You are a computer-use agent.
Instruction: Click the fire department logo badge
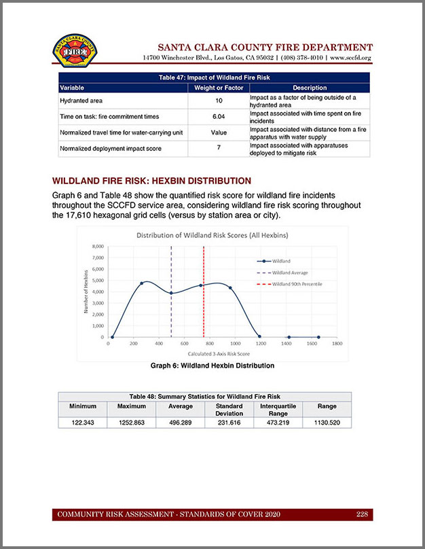(74, 52)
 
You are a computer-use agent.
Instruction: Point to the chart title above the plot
(216, 236)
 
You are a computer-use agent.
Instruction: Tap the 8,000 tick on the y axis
(98, 247)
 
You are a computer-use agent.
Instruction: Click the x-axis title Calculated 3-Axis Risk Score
(216, 353)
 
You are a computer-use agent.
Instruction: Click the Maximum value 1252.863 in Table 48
(132, 422)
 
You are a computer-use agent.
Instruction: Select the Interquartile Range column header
(278, 410)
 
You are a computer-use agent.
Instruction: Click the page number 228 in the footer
(363, 514)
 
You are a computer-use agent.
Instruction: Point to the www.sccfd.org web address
(352, 58)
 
